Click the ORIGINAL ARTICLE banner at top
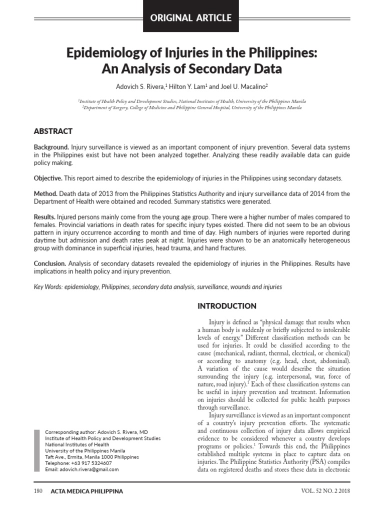coord(192,18)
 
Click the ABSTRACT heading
coord(53,131)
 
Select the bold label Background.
coord(51,148)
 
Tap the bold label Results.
coord(44,217)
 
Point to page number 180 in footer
coord(38,491)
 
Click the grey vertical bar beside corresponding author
coord(36,450)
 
